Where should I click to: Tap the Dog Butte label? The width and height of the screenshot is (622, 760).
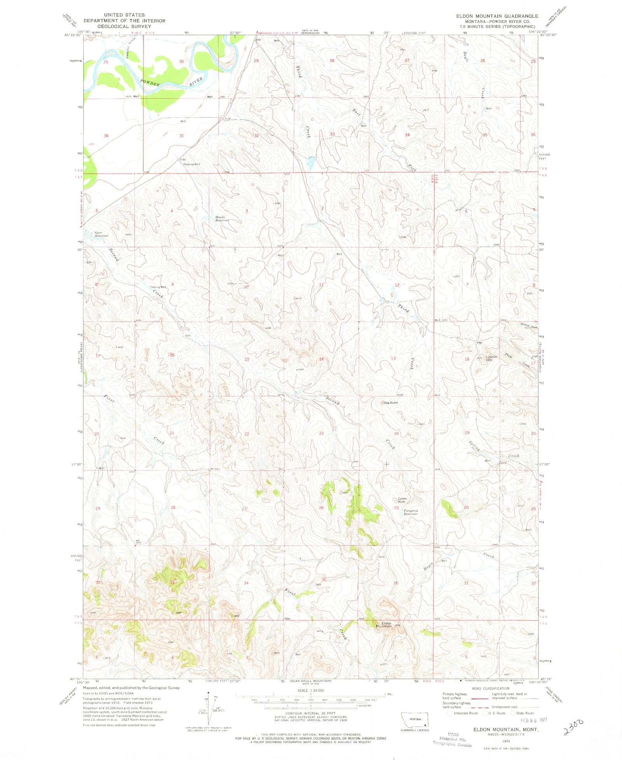pyautogui.click(x=390, y=403)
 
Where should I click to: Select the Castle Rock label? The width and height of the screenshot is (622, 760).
pyautogui.click(x=402, y=500)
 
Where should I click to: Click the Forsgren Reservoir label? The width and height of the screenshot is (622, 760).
pyautogui.click(x=411, y=512)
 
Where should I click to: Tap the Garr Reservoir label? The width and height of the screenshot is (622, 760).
pyautogui.click(x=101, y=234)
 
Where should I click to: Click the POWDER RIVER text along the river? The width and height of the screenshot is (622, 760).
pyautogui.click(x=171, y=82)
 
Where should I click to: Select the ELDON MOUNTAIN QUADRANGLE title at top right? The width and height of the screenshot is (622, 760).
pyautogui.click(x=497, y=16)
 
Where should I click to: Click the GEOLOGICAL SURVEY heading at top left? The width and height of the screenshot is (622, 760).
pyautogui.click(x=124, y=26)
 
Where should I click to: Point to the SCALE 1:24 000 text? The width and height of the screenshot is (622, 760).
pyautogui.click(x=311, y=690)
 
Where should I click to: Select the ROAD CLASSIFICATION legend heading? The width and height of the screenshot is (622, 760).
pyautogui.click(x=491, y=688)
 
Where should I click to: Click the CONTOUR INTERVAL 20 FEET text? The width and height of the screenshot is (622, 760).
pyautogui.click(x=311, y=713)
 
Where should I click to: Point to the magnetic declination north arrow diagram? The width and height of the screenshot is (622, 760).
pyautogui.click(x=210, y=710)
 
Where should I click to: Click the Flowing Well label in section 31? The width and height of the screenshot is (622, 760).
pyautogui.click(x=192, y=164)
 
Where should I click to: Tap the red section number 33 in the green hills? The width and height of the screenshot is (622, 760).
pyautogui.click(x=172, y=583)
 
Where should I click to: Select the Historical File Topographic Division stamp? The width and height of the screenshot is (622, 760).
pyautogui.click(x=453, y=739)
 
